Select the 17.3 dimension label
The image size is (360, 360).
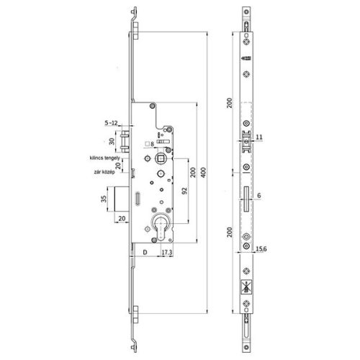coord(166,253)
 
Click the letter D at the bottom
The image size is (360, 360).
coord(145,253)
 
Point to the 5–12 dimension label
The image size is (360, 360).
coord(111,123)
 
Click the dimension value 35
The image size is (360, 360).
coord(103,199)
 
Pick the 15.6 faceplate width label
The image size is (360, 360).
coord(264,250)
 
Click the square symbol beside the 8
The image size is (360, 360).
coord(146,144)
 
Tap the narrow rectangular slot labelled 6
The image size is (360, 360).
coord(247,195)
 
